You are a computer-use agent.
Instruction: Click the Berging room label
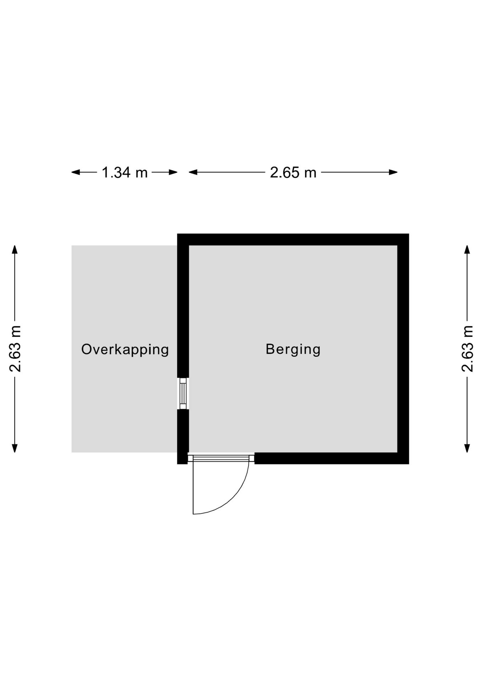(x=293, y=349)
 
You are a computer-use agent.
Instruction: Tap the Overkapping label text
(x=125, y=349)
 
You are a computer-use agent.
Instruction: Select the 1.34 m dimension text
(x=125, y=173)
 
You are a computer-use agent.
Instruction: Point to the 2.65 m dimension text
(x=293, y=173)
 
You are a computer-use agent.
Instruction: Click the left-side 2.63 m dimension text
(x=15, y=349)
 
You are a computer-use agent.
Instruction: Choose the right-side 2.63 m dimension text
(x=467, y=349)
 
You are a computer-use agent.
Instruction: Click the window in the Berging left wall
(x=183, y=393)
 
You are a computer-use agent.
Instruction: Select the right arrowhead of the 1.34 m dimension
(x=173, y=172)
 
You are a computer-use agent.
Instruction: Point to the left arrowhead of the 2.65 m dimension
(x=193, y=172)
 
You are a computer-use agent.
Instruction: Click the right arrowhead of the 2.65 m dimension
(x=393, y=172)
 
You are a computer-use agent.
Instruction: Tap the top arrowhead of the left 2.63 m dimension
(x=15, y=250)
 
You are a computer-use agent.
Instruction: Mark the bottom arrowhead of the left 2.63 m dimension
(x=15, y=448)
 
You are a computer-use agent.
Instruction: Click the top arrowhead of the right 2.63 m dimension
(x=467, y=250)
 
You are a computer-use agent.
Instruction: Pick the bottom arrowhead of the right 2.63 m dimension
(x=467, y=448)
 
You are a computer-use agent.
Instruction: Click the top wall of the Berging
(x=293, y=239)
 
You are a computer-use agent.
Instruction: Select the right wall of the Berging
(x=403, y=349)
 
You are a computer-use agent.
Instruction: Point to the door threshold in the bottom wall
(x=221, y=458)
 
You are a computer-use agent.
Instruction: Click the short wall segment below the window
(x=183, y=437)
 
